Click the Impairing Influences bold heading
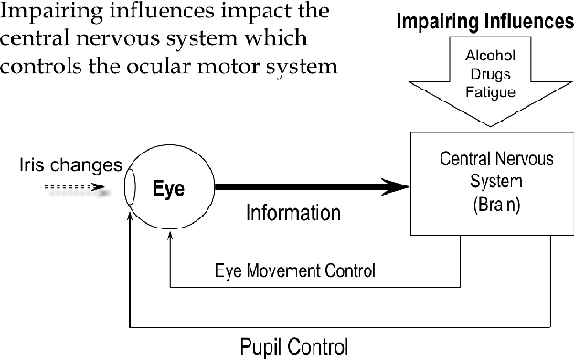coord(484,20)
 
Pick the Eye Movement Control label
coord(294,270)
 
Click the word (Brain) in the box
coord(496,205)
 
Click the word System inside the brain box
coord(496,182)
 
